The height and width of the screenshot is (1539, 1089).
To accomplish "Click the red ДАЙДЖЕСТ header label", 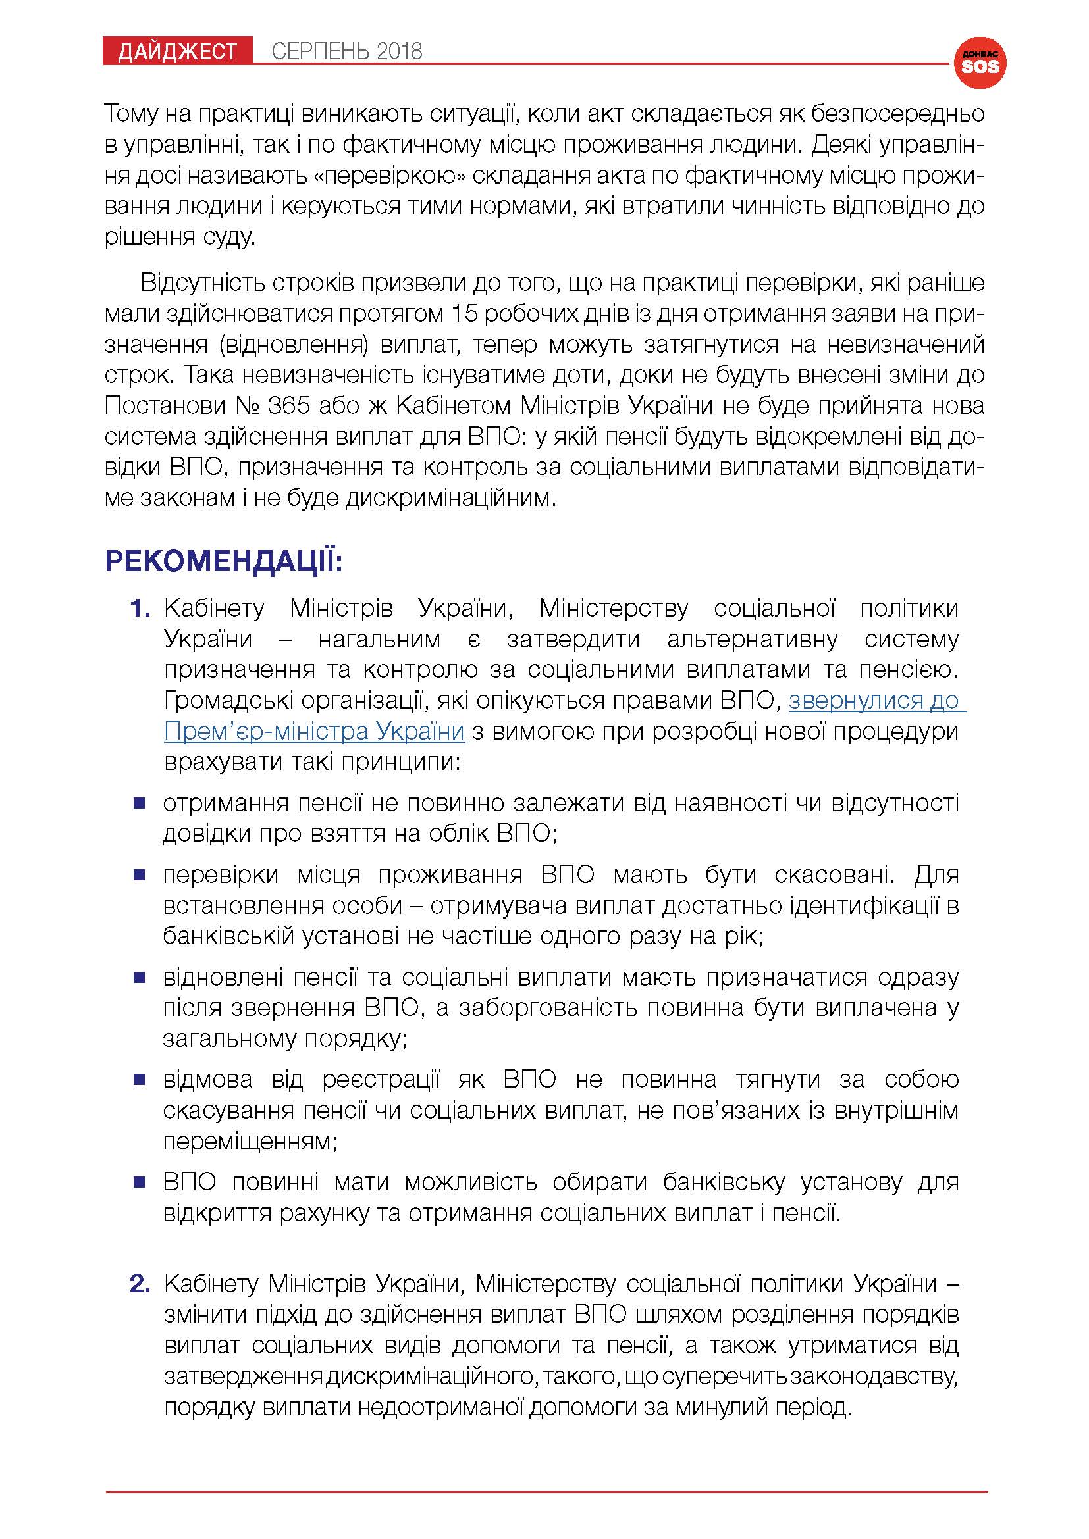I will (177, 51).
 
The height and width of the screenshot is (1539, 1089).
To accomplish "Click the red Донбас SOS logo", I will (980, 63).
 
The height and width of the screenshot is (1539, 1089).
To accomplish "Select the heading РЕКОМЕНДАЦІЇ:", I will (224, 561).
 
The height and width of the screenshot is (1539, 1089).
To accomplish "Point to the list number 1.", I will (140, 609).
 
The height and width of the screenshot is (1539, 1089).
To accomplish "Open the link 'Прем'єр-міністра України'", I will (314, 730).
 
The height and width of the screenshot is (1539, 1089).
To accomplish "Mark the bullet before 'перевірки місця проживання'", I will (140, 875).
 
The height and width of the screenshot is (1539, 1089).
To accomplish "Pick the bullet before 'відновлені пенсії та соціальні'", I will (140, 978).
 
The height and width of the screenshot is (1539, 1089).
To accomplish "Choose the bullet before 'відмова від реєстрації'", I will (140, 1080).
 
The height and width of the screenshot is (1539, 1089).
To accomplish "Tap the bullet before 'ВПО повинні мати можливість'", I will (140, 1183).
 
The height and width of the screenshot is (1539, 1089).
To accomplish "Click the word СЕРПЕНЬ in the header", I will (319, 51).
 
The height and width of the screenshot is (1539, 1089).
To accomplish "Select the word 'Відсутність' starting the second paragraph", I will (201, 283).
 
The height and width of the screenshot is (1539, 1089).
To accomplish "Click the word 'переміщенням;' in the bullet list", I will (250, 1141).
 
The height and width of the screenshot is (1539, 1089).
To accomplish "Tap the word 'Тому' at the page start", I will (131, 114).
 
